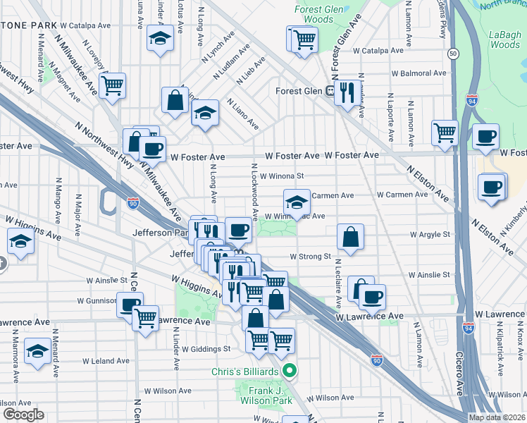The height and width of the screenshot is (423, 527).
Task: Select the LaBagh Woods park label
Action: (504, 39)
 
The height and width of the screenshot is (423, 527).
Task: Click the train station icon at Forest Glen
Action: (329, 91)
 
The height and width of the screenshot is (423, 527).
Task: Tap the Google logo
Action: (23, 415)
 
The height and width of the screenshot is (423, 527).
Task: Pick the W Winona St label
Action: (282, 176)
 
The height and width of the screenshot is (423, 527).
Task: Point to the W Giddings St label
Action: (206, 348)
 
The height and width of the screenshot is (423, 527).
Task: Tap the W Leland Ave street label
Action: (106, 361)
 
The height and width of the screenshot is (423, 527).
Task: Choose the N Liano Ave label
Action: (242, 114)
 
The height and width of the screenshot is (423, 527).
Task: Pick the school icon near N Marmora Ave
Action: (37, 351)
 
